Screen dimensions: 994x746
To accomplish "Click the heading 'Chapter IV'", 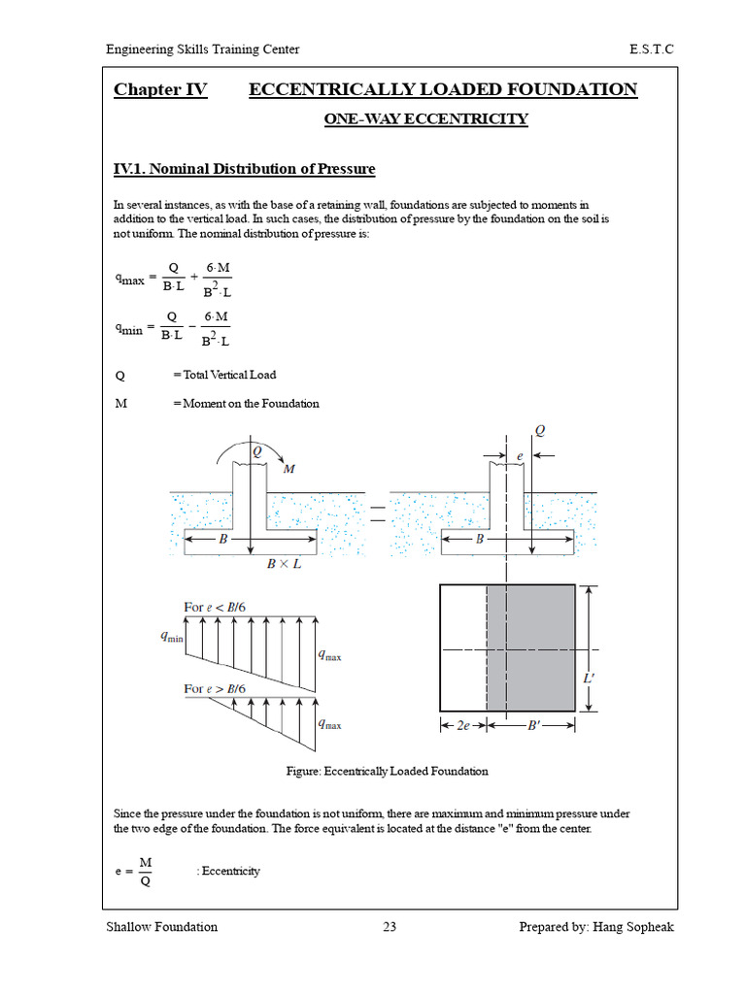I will (x=160, y=90).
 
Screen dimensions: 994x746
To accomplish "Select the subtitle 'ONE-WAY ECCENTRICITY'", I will (x=425, y=119).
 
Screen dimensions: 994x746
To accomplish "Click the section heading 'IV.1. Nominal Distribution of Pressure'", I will (x=244, y=169).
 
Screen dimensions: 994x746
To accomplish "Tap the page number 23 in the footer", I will (x=390, y=927).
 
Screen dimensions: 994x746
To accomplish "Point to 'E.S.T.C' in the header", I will (x=652, y=50).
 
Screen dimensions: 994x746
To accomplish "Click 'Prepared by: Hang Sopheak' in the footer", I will (x=595, y=927).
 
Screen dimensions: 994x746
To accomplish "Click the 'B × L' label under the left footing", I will (x=284, y=564).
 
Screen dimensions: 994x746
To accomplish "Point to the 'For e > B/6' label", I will (x=215, y=689).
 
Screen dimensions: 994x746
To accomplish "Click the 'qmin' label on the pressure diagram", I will (x=171, y=638).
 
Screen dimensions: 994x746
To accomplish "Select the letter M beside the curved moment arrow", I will (x=288, y=470).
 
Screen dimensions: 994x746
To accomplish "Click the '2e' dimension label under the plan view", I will (x=462, y=725).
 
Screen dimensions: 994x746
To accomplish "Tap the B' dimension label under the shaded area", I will (x=533, y=725).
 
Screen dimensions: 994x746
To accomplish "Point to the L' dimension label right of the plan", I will (x=589, y=679).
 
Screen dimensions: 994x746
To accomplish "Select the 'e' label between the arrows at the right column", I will (x=520, y=454).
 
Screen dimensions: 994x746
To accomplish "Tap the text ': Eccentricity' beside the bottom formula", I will (x=228, y=871).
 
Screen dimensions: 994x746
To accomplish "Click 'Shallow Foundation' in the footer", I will (x=161, y=927).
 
